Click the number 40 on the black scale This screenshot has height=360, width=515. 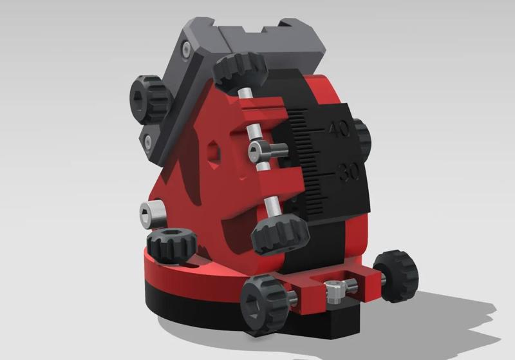point(339,129)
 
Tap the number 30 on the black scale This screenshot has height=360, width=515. point(350,172)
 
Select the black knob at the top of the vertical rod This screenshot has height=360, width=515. point(241,70)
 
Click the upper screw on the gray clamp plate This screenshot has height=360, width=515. point(185,49)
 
